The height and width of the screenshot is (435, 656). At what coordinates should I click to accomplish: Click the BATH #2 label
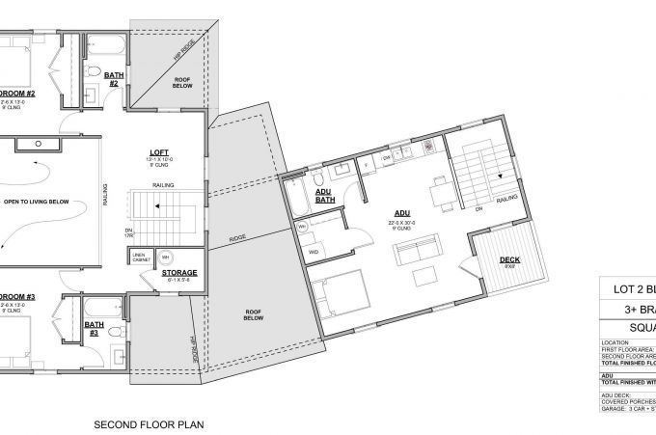click(x=113, y=78)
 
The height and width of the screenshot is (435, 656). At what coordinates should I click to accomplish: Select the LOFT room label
click(x=160, y=152)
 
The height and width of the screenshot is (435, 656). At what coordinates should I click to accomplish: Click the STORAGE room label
click(x=179, y=273)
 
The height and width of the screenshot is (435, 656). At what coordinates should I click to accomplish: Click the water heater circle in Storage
click(x=164, y=258)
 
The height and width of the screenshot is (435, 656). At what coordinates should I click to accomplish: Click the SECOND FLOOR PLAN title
click(x=149, y=423)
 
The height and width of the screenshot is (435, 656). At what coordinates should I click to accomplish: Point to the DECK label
click(x=511, y=260)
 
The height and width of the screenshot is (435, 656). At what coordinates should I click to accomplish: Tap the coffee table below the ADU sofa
click(x=424, y=278)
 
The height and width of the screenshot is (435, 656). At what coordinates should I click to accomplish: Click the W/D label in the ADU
click(x=314, y=252)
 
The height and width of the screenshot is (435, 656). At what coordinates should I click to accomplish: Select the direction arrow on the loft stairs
click(x=143, y=204)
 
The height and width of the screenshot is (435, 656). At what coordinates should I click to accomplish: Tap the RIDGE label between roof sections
click(x=236, y=236)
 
